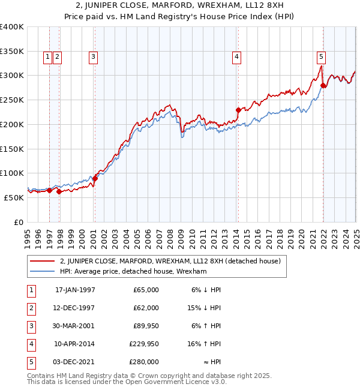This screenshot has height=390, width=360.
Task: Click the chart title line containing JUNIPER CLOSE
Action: pyautogui.click(x=180, y=5)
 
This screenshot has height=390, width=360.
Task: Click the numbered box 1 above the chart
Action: pyautogui.click(x=47, y=57)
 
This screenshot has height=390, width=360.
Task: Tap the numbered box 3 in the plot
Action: pyautogui.click(x=94, y=57)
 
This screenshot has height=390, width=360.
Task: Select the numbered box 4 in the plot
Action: pyautogui.click(x=237, y=57)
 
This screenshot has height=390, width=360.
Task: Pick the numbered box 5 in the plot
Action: pyautogui.click(x=322, y=57)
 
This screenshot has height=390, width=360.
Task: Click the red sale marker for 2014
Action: pyautogui.click(x=238, y=110)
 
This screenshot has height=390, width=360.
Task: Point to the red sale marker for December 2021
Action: pyautogui.click(x=323, y=85)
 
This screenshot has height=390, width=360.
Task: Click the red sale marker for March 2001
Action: pyautogui.click(x=95, y=178)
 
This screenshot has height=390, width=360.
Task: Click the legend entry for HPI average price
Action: pyautogui.click(x=133, y=271)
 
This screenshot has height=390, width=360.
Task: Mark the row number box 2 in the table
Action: pyautogui.click(x=31, y=308)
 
